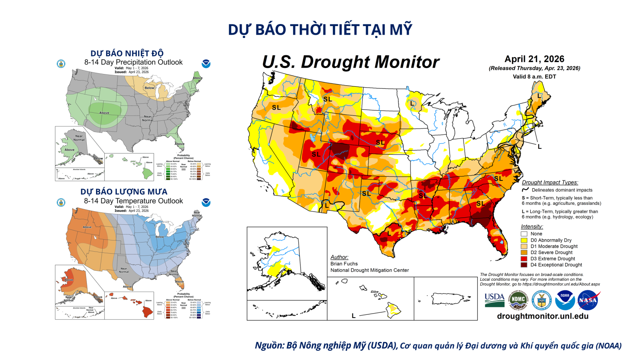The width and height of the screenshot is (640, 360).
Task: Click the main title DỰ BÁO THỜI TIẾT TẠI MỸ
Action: coord(320,30)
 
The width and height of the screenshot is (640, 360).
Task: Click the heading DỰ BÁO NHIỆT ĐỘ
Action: coord(127,53)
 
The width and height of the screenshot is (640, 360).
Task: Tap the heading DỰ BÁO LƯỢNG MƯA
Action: coord(124,192)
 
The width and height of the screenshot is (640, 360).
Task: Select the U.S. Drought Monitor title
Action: coord(351,62)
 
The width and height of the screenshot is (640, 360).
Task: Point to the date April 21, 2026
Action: coord(534,59)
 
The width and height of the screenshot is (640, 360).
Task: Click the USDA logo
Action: coord(494,300)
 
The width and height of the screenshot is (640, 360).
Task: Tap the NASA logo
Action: coord(588,300)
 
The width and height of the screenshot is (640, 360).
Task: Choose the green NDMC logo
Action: coord(518,300)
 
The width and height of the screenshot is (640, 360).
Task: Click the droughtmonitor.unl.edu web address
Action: coord(542,316)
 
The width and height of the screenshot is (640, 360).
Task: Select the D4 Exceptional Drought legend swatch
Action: coord(524,265)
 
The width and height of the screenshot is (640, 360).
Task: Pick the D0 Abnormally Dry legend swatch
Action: coord(524,240)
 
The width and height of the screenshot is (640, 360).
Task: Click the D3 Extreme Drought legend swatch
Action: coord(524,258)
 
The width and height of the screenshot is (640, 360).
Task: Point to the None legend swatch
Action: coord(524,234)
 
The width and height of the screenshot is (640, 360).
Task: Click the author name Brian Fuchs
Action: coord(344,264)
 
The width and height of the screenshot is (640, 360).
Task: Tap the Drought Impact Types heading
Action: coord(550,182)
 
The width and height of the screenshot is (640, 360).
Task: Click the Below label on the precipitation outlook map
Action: coord(149,88)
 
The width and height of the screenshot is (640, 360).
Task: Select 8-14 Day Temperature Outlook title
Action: coord(133,201)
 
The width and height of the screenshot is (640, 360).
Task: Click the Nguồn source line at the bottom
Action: coord(438,346)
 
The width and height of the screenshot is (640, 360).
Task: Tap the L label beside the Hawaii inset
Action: coord(354,316)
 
